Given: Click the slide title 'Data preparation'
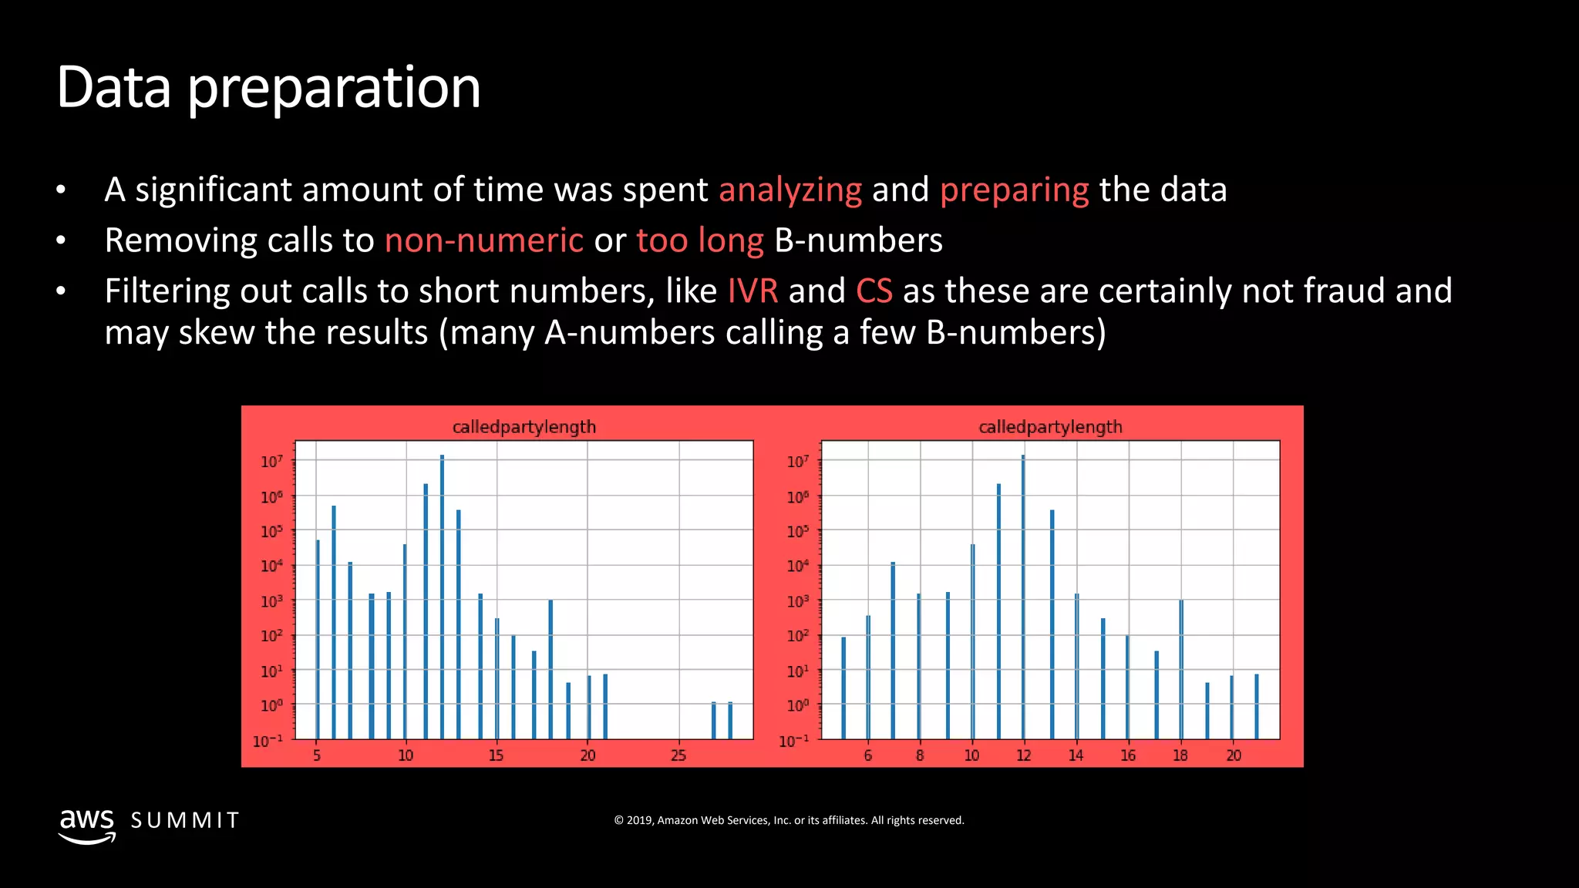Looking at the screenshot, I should pos(268,88).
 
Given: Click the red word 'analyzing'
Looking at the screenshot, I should pos(789,190).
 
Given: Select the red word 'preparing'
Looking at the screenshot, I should pos(1014,190).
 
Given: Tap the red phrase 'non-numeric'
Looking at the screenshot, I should pos(483,240).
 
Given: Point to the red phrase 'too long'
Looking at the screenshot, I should pos(699,240).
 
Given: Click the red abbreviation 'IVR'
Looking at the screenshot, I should pos(752,291).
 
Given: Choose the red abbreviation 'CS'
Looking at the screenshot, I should pos(874,291).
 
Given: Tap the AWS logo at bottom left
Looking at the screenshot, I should pos(87,825).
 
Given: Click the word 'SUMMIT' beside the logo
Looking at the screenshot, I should pos(185,820).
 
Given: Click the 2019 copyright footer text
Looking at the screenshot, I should pos(789,820).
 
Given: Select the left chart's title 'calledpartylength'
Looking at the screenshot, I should pos(524,427).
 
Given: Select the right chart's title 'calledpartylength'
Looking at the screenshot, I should pos(1050,427).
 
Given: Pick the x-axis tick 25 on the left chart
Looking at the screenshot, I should pos(678,755).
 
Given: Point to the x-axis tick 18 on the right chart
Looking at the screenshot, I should pos(1180,755).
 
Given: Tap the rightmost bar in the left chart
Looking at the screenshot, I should pos(730,720).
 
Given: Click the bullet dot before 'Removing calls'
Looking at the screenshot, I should pos(61,241).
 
